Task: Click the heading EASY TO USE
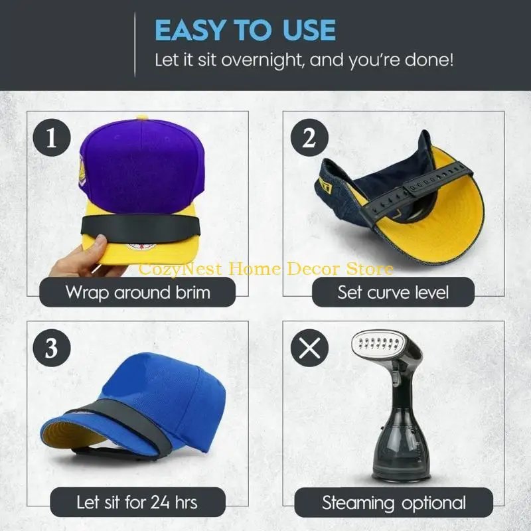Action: pyautogui.click(x=245, y=30)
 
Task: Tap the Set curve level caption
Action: pyautogui.click(x=393, y=292)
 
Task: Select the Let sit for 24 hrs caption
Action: pyautogui.click(x=137, y=502)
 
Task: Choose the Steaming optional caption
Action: pyautogui.click(x=394, y=502)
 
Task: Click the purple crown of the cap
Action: pyautogui.click(x=139, y=166)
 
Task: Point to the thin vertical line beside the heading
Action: pyautogui.click(x=135, y=44)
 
